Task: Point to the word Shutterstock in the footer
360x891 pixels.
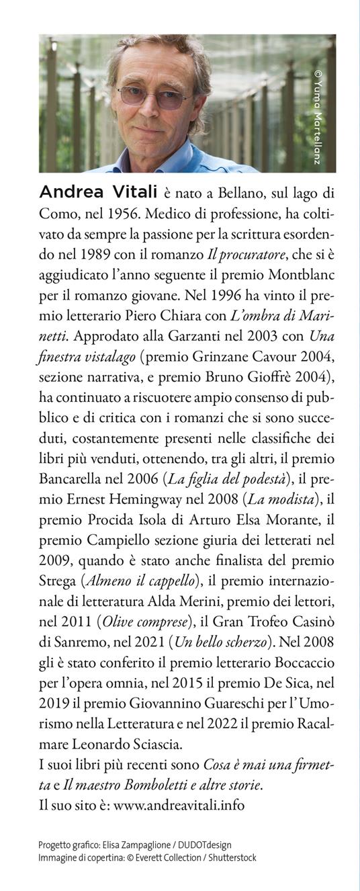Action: (232, 858)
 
